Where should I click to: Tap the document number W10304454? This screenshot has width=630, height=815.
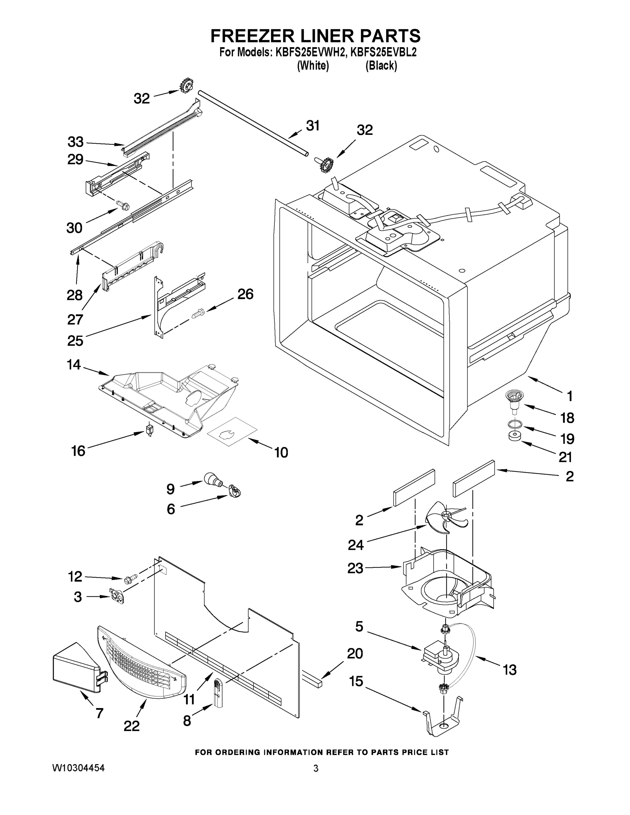[78, 768]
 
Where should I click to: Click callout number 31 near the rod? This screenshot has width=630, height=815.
[313, 126]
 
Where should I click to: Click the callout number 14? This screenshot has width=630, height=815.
[74, 365]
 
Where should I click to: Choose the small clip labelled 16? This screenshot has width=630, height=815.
[150, 430]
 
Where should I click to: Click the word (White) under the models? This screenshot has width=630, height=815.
[313, 66]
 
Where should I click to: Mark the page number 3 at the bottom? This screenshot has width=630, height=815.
[316, 768]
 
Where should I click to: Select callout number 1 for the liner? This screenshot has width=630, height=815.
[570, 396]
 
